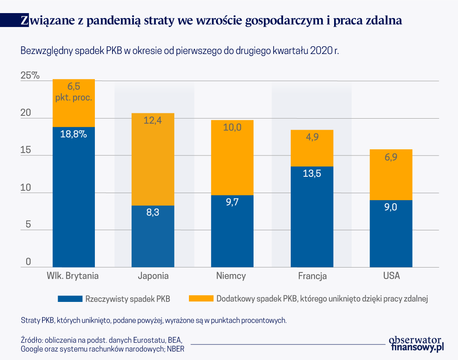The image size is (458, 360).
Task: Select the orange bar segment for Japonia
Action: [x=153, y=164]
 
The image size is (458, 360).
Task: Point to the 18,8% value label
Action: [x=74, y=134]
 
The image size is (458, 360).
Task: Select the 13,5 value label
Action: [x=312, y=173]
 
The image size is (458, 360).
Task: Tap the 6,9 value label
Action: [x=391, y=157]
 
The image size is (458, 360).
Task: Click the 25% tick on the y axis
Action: [x=30, y=76]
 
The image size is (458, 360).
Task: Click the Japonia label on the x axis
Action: [x=153, y=276]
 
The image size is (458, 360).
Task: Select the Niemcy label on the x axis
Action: [x=231, y=276]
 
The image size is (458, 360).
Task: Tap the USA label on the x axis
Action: [x=391, y=276]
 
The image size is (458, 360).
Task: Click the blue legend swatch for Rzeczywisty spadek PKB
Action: [x=70, y=299]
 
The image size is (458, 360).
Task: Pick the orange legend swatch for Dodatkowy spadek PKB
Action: [x=201, y=299]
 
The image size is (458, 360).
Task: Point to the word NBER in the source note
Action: [x=175, y=349]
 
